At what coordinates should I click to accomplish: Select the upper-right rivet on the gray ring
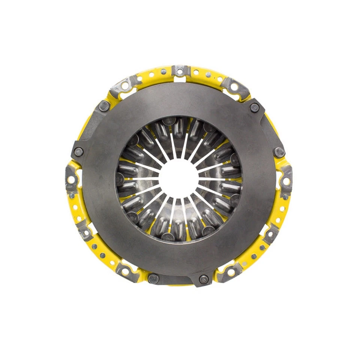255,107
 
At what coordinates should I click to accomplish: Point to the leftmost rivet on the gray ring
78,151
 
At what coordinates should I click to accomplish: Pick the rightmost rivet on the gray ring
279,152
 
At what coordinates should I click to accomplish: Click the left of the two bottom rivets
153,278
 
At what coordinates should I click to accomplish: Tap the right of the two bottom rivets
204,279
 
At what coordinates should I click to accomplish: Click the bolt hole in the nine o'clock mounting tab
70,180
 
